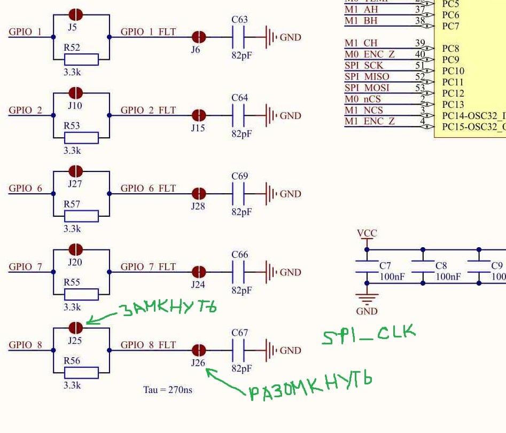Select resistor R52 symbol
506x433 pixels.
tap(81, 59)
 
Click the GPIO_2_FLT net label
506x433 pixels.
tap(148, 111)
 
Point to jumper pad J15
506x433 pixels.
tap(198, 115)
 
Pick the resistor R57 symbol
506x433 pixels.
tap(81, 216)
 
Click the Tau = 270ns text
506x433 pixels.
tap(167, 390)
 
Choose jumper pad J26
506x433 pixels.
tap(198, 350)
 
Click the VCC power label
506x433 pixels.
tap(367, 233)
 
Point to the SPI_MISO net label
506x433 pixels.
tap(367, 77)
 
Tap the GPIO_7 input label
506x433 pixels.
tap(25, 267)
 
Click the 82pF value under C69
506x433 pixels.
tap(242, 212)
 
